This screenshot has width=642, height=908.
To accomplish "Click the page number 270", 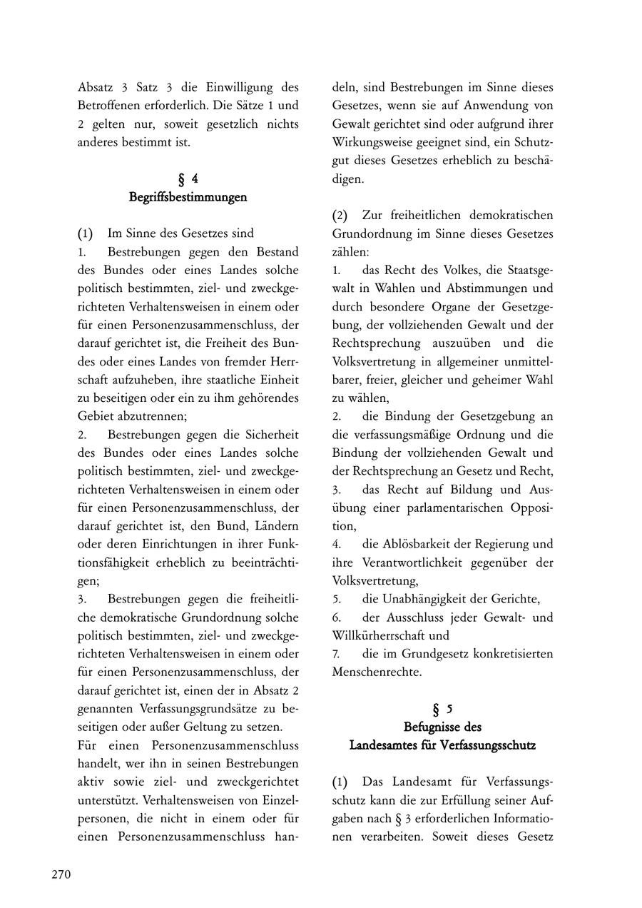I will pos(61,875).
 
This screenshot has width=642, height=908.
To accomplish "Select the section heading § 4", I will pos(188,178).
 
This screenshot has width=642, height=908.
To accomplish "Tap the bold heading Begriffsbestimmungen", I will pos(188,197).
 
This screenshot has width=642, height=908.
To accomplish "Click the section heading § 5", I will pos(442,709).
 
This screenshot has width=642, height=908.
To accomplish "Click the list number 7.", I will pos(336,654).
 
